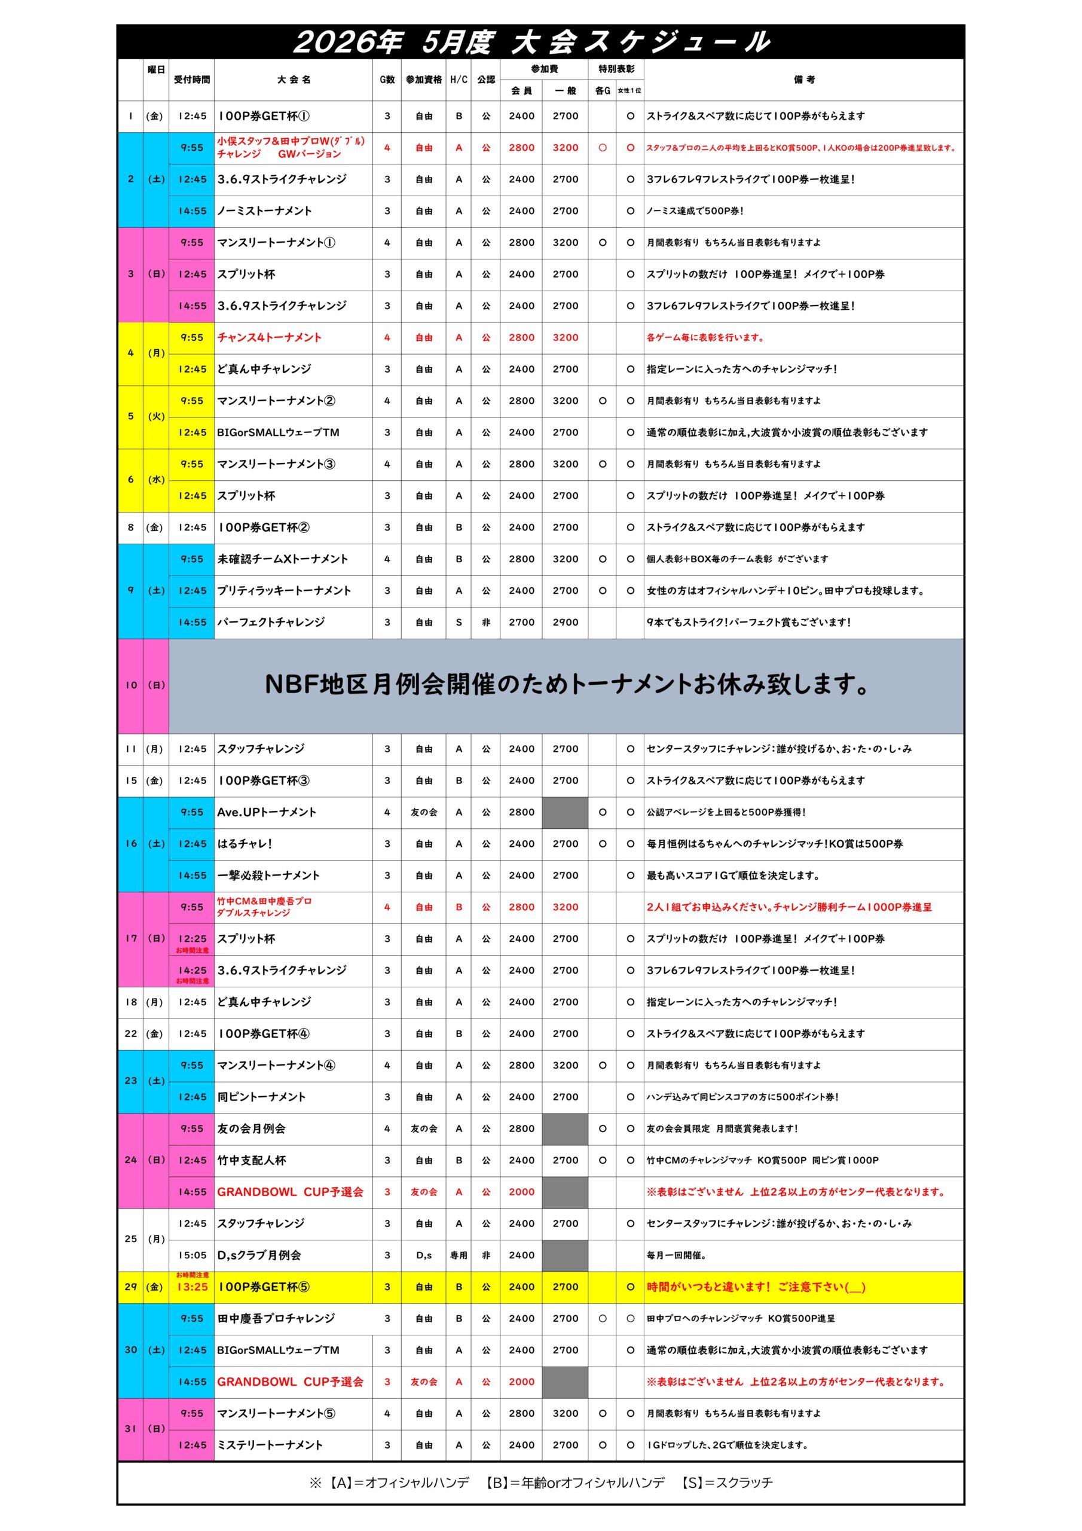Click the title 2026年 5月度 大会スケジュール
(531, 42)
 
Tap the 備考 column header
(804, 80)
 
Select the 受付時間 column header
(191, 80)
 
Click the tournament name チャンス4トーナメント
(270, 337)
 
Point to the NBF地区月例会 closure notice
(566, 685)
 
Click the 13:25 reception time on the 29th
(192, 1287)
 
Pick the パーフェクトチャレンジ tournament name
(271, 622)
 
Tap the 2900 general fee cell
(565, 622)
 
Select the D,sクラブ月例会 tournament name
(259, 1255)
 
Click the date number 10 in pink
(131, 685)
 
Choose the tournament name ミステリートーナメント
(270, 1445)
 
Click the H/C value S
(459, 622)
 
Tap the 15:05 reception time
(192, 1255)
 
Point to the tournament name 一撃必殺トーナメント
(268, 876)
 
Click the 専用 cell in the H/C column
(459, 1255)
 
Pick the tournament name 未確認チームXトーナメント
(283, 559)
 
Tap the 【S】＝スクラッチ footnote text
(727, 1483)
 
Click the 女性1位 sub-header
(629, 90)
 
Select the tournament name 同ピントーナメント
(261, 1097)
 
